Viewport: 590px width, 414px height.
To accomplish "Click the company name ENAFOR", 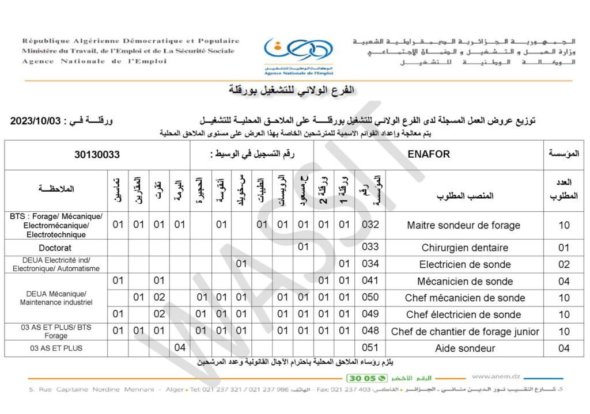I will pyautogui.click(x=428, y=154).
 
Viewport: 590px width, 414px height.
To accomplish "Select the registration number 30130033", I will pyautogui.click(x=97, y=154).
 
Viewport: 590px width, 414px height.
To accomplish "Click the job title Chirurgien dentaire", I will pyautogui.click(x=464, y=248).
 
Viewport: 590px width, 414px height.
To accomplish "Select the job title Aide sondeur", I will pyautogui.click(x=464, y=348).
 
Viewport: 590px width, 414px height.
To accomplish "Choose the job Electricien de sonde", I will pyautogui.click(x=464, y=264).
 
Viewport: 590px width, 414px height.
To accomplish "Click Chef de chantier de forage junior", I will pyautogui.click(x=464, y=331).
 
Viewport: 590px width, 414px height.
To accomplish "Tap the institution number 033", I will pyautogui.click(x=370, y=247).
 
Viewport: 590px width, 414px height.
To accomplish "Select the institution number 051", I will pyautogui.click(x=370, y=348).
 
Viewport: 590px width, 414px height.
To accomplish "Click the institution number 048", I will pyautogui.click(x=370, y=331).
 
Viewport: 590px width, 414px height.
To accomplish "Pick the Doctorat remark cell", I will pyautogui.click(x=55, y=248).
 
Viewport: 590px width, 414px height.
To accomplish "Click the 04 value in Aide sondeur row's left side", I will pyautogui.click(x=180, y=348).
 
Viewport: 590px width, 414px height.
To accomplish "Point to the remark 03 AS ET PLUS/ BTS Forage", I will pyautogui.click(x=56, y=331).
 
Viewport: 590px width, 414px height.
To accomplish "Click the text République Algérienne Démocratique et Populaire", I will pyautogui.click(x=131, y=41).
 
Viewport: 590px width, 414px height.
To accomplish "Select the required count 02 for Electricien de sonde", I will pyautogui.click(x=564, y=264).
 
